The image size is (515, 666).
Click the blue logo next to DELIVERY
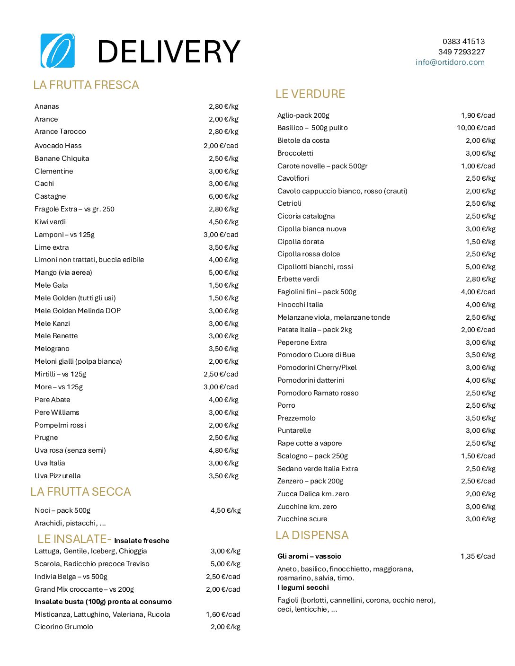pyautogui.click(x=58, y=51)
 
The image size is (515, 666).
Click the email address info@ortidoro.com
pyautogui.click(x=450, y=62)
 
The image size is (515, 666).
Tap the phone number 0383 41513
pyautogui.click(x=463, y=42)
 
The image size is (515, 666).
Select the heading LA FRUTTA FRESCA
pyautogui.click(x=86, y=85)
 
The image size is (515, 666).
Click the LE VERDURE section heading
pyautogui.click(x=310, y=94)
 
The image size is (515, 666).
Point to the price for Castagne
pyautogui.click(x=223, y=196)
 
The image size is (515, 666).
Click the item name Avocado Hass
pyautogui.click(x=58, y=146)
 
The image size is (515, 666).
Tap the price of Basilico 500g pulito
pyautogui.click(x=476, y=128)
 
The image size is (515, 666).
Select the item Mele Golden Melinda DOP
pyautogui.click(x=78, y=311)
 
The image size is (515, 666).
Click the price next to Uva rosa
pyautogui.click(x=223, y=450)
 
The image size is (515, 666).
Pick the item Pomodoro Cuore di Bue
pyautogui.click(x=316, y=355)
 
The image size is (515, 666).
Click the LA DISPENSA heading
pyautogui.click(x=312, y=535)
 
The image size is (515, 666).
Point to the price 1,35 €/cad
pyautogui.click(x=478, y=556)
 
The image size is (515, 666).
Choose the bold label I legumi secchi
pyautogui.click(x=303, y=587)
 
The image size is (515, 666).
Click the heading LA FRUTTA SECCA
pyautogui.click(x=80, y=492)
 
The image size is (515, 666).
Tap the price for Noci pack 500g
pyautogui.click(x=225, y=510)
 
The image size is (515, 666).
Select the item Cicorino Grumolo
pyautogui.click(x=64, y=627)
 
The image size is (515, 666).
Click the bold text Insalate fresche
pyautogui.click(x=142, y=541)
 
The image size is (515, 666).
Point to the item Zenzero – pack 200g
pyautogui.click(x=310, y=481)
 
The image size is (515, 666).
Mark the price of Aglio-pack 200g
pyautogui.click(x=478, y=115)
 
